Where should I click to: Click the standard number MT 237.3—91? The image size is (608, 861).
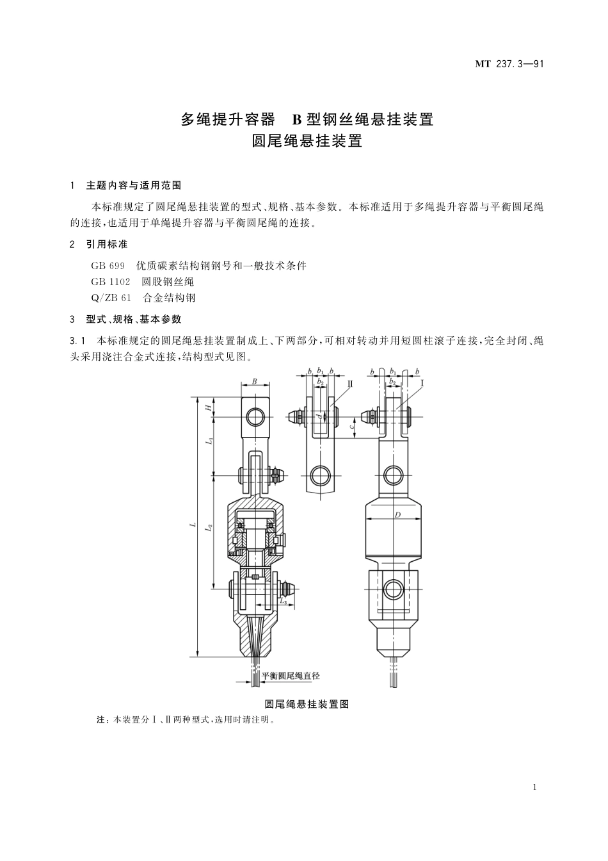tap(509, 64)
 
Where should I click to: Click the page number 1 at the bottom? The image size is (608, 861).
tap(534, 787)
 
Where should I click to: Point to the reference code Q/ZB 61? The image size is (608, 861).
tap(111, 297)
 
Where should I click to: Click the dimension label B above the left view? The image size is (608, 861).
tap(254, 382)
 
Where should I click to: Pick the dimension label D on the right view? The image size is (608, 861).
tap(397, 514)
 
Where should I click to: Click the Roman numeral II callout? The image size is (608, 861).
tap(350, 382)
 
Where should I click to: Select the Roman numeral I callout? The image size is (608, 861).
tap(422, 382)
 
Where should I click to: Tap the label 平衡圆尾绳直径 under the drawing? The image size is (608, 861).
tap(291, 676)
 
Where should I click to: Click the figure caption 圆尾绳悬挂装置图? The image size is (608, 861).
tap(307, 703)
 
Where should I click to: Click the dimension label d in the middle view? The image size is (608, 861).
tap(318, 416)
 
